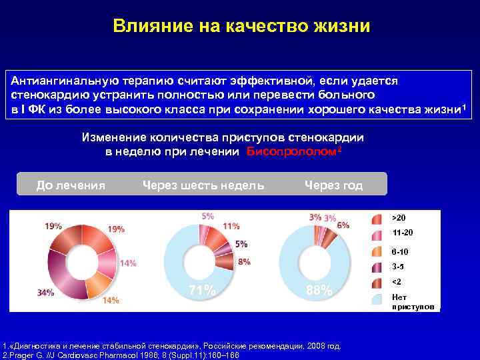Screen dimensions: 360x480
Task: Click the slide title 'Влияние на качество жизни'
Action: pos(241,26)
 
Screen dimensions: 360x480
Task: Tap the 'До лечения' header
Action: pos(71,185)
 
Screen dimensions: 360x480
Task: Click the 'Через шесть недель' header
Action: pos(203,185)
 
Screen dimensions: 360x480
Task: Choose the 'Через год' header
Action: pos(333,185)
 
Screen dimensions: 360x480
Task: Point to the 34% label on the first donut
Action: pos(46,292)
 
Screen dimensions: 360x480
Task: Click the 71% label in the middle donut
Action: pos(203,291)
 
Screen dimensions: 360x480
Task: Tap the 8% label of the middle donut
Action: pos(244,261)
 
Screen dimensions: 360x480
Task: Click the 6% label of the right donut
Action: pos(343,225)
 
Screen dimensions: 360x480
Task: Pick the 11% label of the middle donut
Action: pos(231,226)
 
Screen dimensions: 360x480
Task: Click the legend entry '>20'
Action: pos(398,218)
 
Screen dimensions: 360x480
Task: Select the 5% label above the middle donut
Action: pos(208,216)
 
